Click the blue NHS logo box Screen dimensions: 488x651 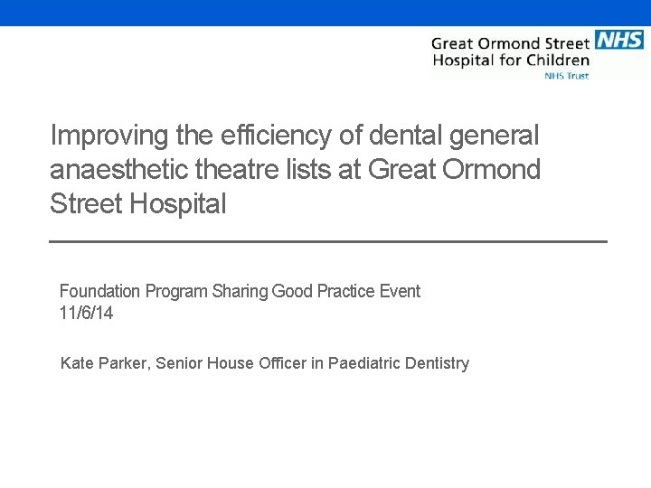619,39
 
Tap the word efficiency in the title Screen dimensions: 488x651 273,136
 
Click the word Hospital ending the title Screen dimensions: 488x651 178,204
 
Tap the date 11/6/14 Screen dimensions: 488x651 86,314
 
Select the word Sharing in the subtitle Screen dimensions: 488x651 240,291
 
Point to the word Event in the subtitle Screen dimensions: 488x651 400,291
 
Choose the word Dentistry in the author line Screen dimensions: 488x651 439,363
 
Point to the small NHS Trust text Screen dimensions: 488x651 566,76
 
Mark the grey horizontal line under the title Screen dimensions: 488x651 327,241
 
